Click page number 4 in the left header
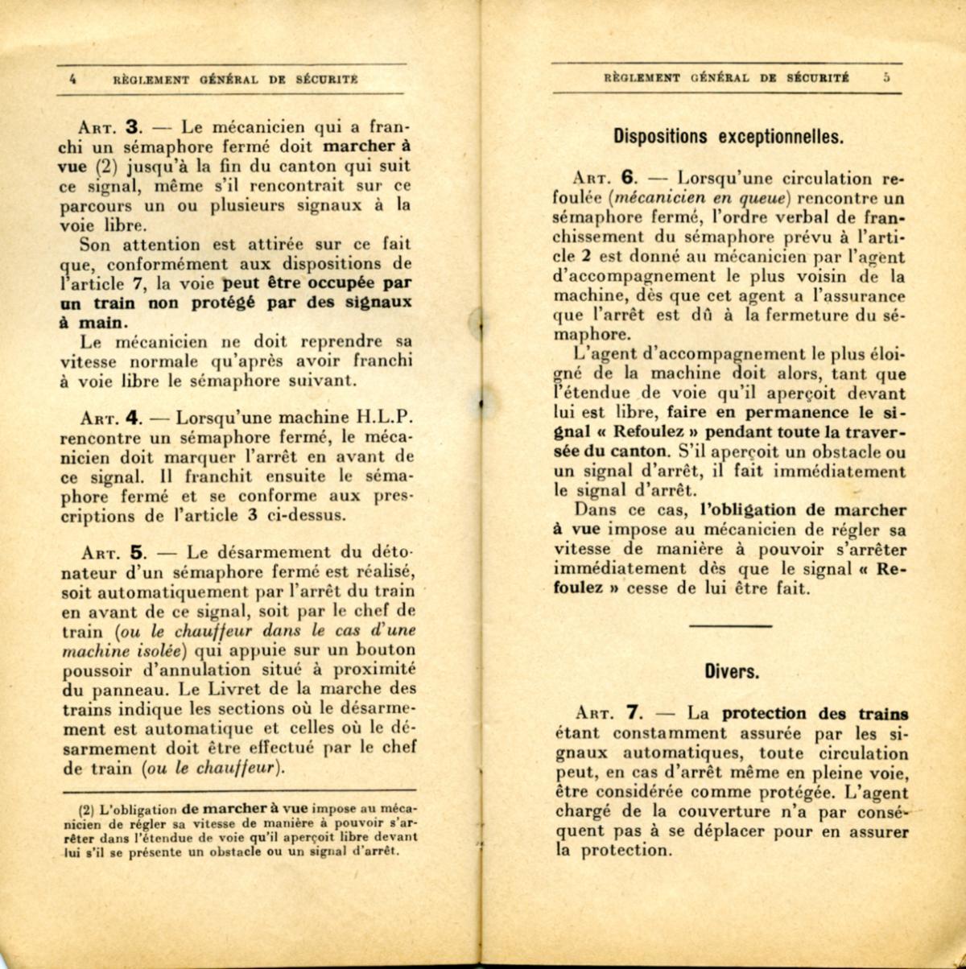pos(73,80)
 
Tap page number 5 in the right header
pos(885,78)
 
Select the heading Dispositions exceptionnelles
pos(729,135)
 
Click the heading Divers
pos(731,670)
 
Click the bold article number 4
pos(134,419)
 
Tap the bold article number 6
pos(630,179)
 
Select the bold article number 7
pos(634,713)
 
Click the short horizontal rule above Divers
pos(731,625)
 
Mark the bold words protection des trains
pos(815,713)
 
